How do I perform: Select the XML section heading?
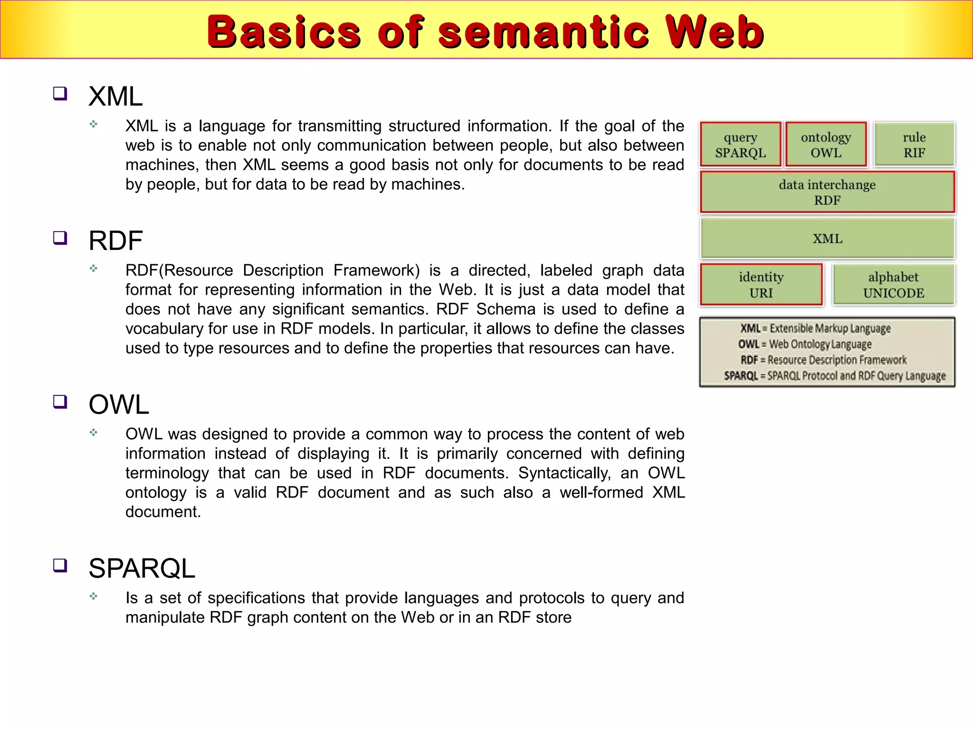pos(115,96)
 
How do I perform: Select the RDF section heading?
pos(115,240)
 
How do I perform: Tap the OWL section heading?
pos(119,404)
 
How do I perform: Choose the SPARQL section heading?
pos(142,568)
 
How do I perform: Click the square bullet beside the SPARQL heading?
pos(60,566)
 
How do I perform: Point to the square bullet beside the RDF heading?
pos(60,238)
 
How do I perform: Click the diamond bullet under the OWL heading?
pos(94,432)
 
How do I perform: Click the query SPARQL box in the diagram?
pos(740,144)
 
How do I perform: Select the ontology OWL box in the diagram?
pos(826,144)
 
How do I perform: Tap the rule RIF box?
pos(914,144)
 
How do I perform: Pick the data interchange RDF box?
pos(827,192)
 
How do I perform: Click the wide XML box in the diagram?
pos(827,238)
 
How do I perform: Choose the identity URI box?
pos(761,285)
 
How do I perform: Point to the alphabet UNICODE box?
pos(893,285)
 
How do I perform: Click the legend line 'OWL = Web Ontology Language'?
pos(805,344)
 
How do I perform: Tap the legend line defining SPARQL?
pos(835,376)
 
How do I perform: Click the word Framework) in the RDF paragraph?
pos(376,270)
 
